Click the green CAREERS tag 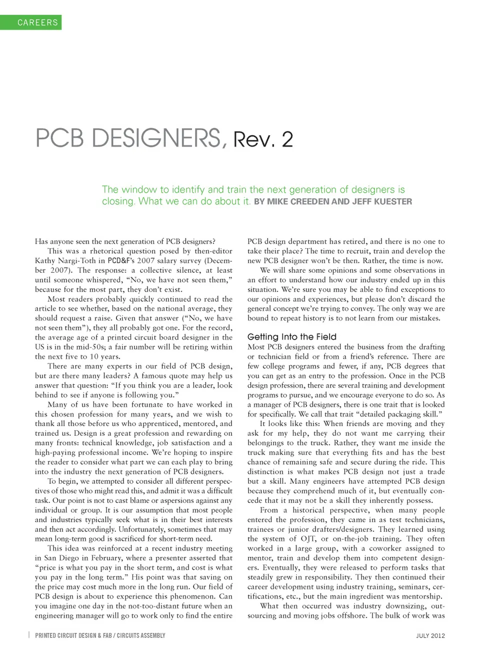[31, 22]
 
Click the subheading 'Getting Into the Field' [292, 337]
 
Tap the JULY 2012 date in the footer [430, 635]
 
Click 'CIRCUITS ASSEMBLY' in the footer [141, 635]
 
